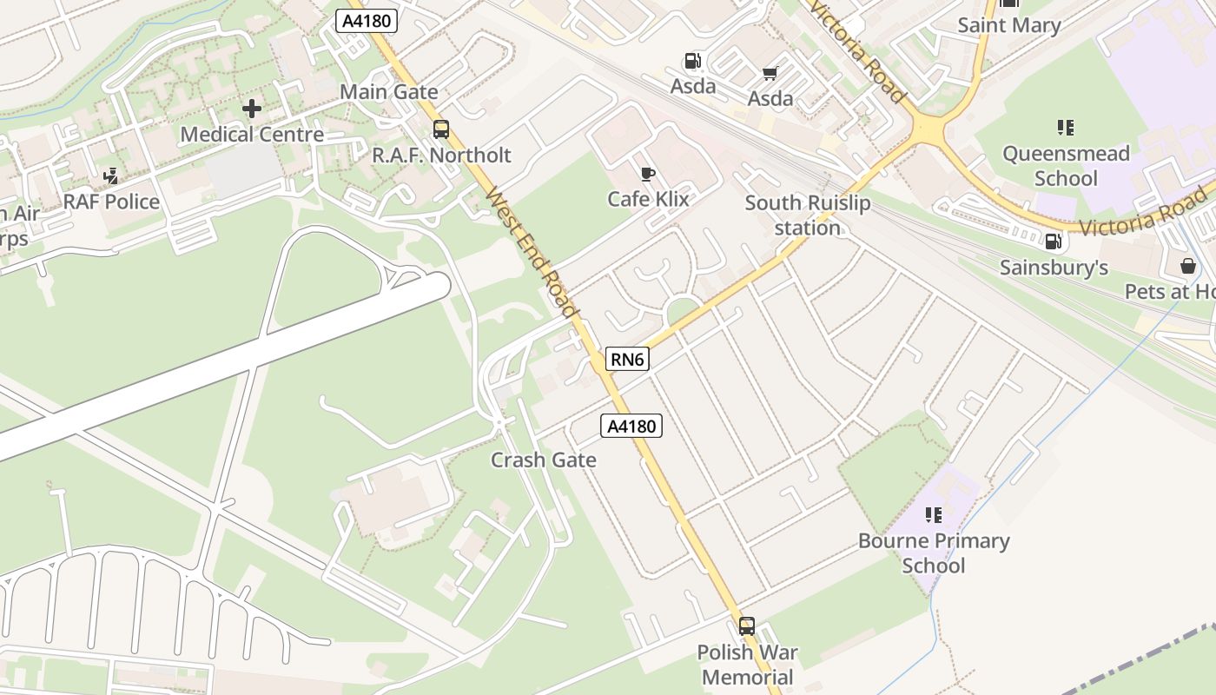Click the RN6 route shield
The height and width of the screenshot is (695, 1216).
(x=627, y=359)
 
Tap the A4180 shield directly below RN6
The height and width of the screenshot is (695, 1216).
(x=631, y=426)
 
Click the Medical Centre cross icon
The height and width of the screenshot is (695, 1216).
(x=252, y=109)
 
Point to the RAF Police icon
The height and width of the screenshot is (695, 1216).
(x=111, y=176)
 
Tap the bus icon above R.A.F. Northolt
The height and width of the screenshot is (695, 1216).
(x=441, y=129)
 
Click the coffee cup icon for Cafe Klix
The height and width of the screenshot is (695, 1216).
(x=647, y=174)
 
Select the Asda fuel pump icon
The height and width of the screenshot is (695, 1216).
(x=692, y=61)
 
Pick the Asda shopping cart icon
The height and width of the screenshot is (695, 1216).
(x=770, y=73)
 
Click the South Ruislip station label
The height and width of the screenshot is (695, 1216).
(x=807, y=215)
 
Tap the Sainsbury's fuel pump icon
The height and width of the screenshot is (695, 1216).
(x=1053, y=242)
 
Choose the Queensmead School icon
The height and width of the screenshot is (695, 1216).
(x=1066, y=128)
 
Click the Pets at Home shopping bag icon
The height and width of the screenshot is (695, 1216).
(x=1187, y=266)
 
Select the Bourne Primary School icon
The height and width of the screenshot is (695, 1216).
(x=934, y=515)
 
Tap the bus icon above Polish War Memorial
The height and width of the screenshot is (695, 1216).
(x=747, y=625)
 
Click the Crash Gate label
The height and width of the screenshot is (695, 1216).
(x=544, y=460)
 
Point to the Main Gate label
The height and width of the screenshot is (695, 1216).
(x=388, y=91)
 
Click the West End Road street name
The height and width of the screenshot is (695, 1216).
(x=532, y=253)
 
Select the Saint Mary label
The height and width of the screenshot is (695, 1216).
(x=1008, y=25)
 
